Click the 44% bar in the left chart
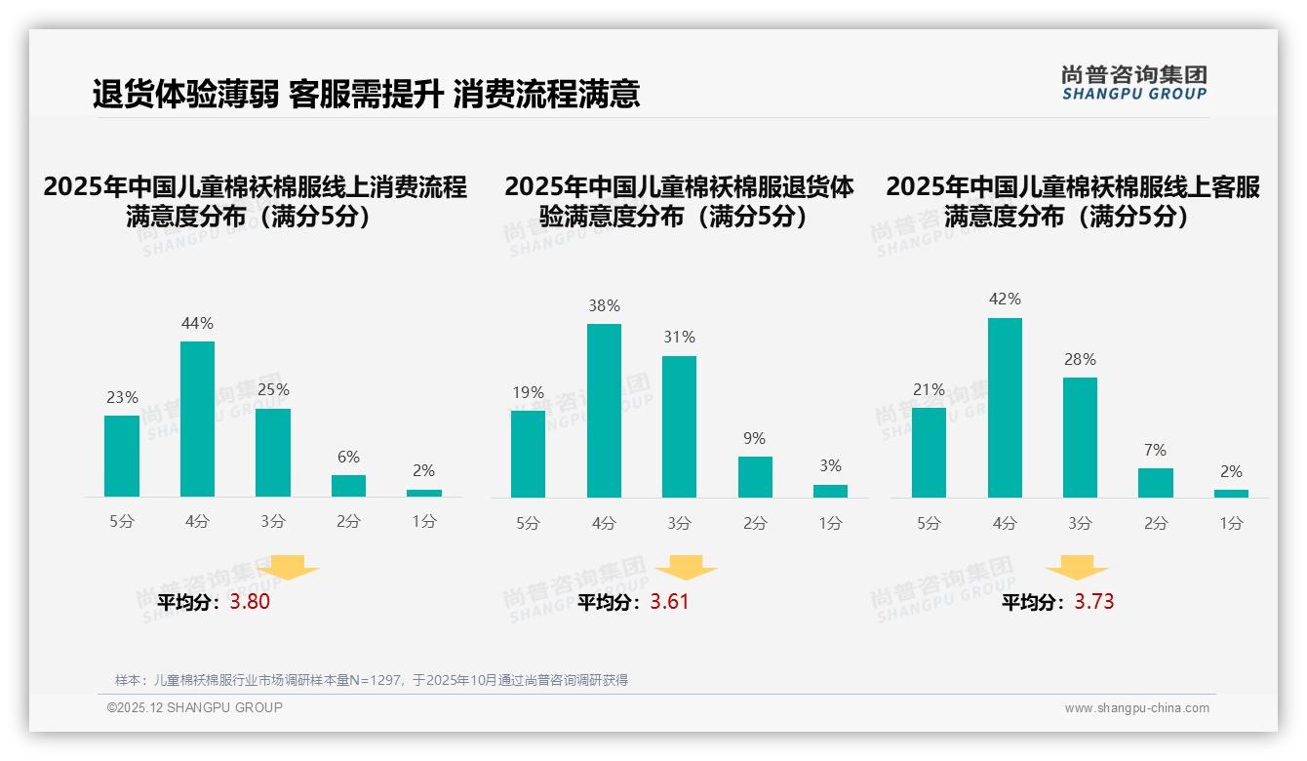pos(197,419)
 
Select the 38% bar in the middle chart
pos(604,410)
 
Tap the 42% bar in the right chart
pos(1005,407)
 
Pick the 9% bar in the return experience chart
pos(755,476)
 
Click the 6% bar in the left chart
pos(348,485)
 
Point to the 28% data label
pos(1080,359)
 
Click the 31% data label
pos(679,337)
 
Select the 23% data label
pos(122,397)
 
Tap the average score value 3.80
pos(250,602)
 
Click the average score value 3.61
pos(669,601)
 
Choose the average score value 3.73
pos(1094,601)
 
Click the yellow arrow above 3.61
pos(686,568)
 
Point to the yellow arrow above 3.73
pos(1077,568)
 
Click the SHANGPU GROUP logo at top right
pos(1133,83)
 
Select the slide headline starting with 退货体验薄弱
pos(366,94)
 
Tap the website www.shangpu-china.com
pos(1136,708)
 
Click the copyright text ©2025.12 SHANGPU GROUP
pos(195,707)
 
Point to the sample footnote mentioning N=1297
pos(372,680)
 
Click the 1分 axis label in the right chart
pos(1231,523)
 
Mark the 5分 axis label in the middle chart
pos(528,523)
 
